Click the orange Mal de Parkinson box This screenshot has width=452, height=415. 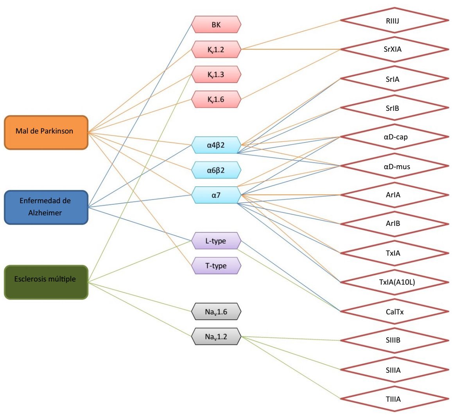[x=46, y=132]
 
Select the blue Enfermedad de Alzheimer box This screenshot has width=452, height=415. [x=46, y=207]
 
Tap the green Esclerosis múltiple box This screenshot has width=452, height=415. [x=46, y=282]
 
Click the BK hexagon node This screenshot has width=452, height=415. [x=216, y=25]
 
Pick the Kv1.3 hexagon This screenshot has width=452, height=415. [x=216, y=74]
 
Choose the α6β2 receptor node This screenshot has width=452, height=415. [x=216, y=170]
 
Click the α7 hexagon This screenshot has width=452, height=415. [x=216, y=195]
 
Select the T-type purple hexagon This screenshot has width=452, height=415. [x=216, y=265]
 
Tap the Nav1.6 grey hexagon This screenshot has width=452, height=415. [x=216, y=311]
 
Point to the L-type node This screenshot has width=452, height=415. [x=216, y=241]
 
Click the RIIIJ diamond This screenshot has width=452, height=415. [x=395, y=20]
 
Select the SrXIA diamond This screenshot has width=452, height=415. [x=395, y=49]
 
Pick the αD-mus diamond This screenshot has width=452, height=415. [x=395, y=166]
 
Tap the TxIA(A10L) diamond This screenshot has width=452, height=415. [x=395, y=282]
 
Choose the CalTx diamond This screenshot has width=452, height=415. [x=395, y=311]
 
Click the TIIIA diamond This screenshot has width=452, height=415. [x=395, y=399]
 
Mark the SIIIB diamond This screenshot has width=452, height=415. [x=395, y=341]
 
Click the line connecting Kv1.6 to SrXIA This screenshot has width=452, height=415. [x=291, y=74]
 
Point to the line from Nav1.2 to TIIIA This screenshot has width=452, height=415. [x=291, y=368]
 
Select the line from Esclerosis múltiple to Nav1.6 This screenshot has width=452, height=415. [x=140, y=297]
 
